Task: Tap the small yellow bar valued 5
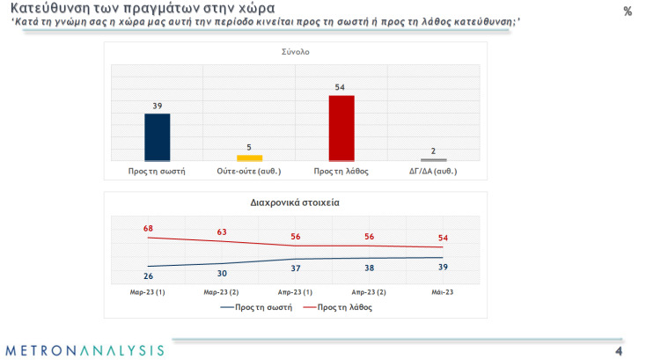click(250, 157)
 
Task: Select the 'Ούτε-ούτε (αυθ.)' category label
click(250, 171)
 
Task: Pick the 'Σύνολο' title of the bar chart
click(295, 51)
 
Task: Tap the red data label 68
click(148, 228)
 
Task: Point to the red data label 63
click(222, 232)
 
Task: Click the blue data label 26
click(148, 276)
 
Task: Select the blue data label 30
click(222, 273)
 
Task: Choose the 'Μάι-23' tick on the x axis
click(443, 291)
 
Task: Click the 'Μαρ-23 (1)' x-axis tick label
click(148, 291)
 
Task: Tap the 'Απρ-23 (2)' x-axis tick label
click(370, 291)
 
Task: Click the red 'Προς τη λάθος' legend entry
click(337, 308)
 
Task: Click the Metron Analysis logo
click(84, 350)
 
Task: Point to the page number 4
click(619, 350)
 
